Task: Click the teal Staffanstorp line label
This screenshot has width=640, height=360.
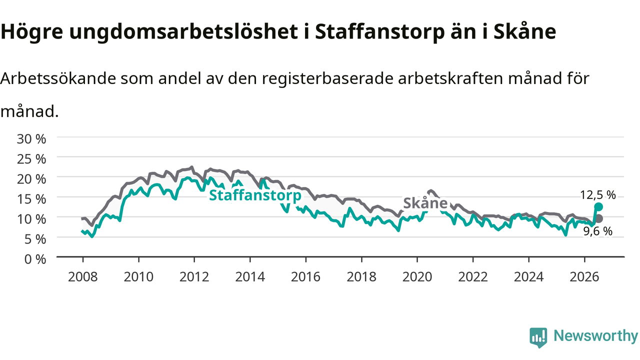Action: coord(255,195)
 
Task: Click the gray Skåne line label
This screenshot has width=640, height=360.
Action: coord(425,203)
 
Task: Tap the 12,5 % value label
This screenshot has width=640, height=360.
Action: coord(597,195)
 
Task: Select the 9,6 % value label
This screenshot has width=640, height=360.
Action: coord(597,231)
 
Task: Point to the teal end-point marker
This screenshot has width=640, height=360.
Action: coord(598,207)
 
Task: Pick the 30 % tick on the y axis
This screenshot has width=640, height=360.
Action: coord(31,139)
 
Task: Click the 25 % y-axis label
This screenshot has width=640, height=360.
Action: coord(31,159)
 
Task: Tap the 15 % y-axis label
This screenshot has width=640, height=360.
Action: coord(31,199)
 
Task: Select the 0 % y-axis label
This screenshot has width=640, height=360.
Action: coord(35,259)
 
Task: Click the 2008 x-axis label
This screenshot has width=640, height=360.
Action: coord(83,277)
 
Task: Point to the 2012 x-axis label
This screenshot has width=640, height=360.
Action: coord(194,277)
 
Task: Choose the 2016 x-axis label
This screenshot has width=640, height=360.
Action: coord(305,277)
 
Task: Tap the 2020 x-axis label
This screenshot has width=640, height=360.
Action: coord(417,277)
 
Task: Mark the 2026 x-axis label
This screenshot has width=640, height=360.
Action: coord(584,277)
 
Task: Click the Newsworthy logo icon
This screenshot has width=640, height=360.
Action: coord(538,337)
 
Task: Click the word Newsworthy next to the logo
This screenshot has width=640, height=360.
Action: coord(596,335)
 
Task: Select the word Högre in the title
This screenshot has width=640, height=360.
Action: coord(31,31)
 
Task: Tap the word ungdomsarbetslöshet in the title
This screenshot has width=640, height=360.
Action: coord(183,31)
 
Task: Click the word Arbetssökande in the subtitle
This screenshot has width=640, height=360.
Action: coord(58,78)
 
